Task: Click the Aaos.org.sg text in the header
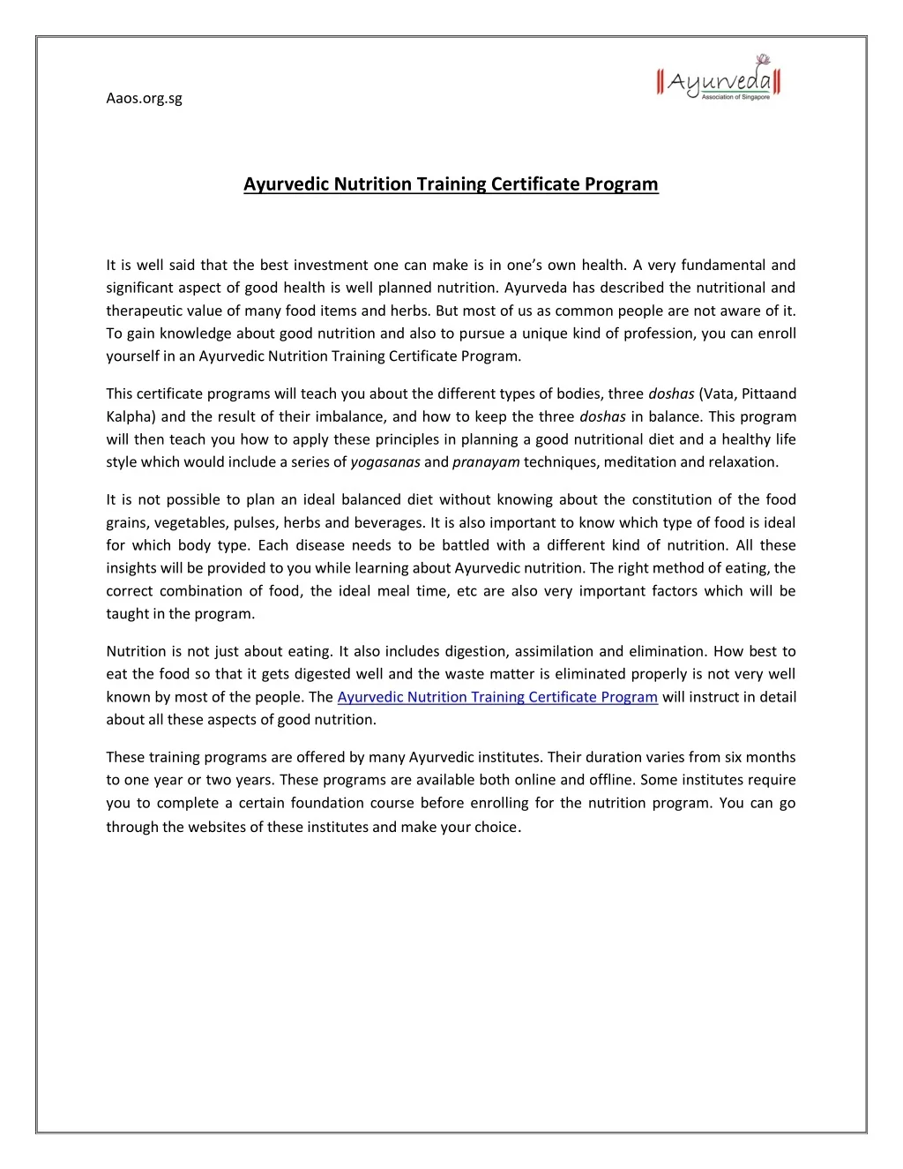(x=144, y=98)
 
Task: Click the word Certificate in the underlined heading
(x=532, y=184)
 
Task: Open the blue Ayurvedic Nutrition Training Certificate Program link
(x=497, y=697)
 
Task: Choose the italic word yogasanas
(x=385, y=462)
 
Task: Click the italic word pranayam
(x=486, y=462)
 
